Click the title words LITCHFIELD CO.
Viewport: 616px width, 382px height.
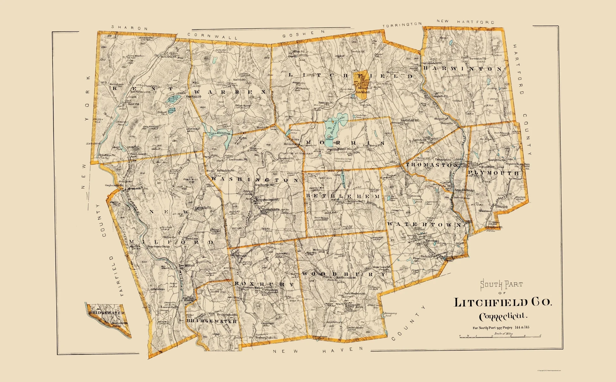(503, 302)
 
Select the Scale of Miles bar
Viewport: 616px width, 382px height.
(500, 336)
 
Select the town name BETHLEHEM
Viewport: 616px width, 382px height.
(343, 196)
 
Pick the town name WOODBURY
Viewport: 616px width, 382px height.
(344, 274)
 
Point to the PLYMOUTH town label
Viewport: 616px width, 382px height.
(493, 173)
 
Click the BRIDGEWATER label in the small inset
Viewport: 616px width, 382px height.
(106, 313)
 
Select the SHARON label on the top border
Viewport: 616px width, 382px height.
(129, 28)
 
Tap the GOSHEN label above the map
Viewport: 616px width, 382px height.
(304, 34)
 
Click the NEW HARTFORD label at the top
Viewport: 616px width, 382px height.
(465, 22)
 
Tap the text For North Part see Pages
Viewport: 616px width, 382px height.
(493, 327)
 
